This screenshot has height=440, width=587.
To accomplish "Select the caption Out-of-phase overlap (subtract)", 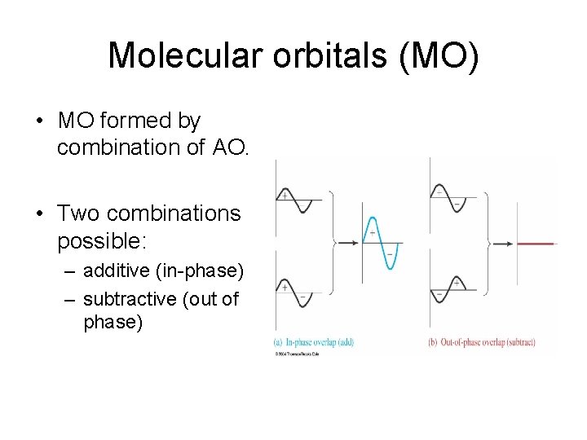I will (481, 342).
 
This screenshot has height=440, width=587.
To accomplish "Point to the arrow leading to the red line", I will (502, 242).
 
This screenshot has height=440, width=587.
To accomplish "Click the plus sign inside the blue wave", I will (372, 233).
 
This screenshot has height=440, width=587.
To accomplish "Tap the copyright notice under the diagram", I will (297, 354).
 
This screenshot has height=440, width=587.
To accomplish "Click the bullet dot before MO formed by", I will (39, 121).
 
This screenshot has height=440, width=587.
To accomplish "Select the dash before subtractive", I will (70, 299).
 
